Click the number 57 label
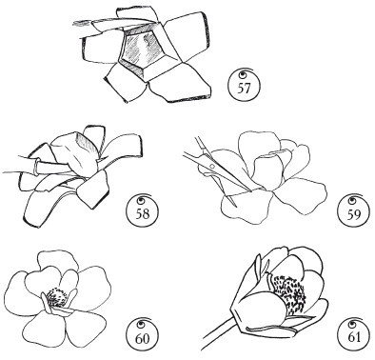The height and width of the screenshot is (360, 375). tap(244, 89)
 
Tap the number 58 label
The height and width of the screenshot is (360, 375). tap(143, 213)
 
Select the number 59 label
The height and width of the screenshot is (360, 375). tap(353, 214)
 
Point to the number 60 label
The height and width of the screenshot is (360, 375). tap(142, 339)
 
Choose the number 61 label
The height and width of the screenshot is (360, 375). tap(354, 337)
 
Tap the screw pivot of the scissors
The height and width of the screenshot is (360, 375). tap(212, 166)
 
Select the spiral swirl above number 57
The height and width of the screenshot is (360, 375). tap(245, 74)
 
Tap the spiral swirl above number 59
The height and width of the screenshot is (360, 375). tap(352, 199)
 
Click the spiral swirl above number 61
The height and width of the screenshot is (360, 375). tap(352, 324)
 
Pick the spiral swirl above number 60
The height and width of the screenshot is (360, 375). tap(141, 325)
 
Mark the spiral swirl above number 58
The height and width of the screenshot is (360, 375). tap(141, 199)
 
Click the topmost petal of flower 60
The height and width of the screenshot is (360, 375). tap(58, 262)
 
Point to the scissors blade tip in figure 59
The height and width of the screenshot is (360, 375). tap(236, 207)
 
